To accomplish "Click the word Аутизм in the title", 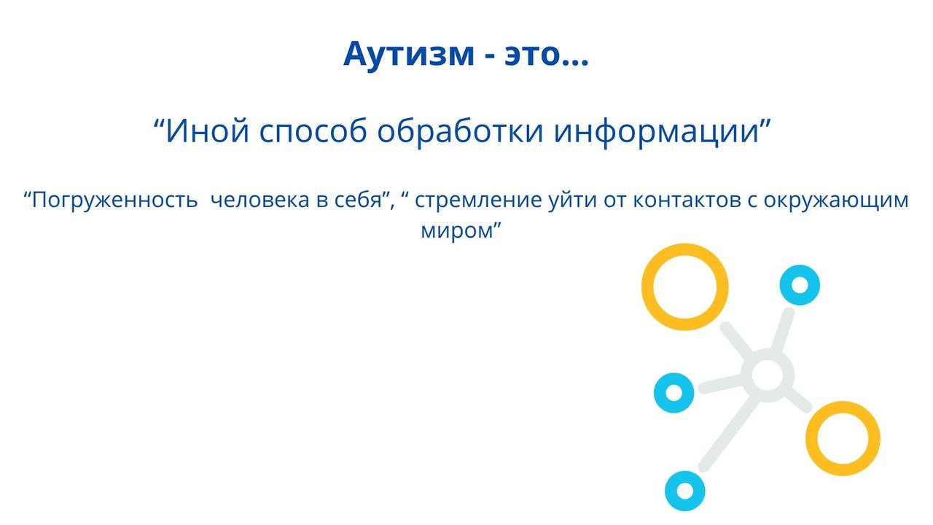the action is pos(409,54).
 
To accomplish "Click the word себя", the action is pos(362,200).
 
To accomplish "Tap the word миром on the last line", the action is pos(457,230).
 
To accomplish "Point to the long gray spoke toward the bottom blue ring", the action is pos(727,432).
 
